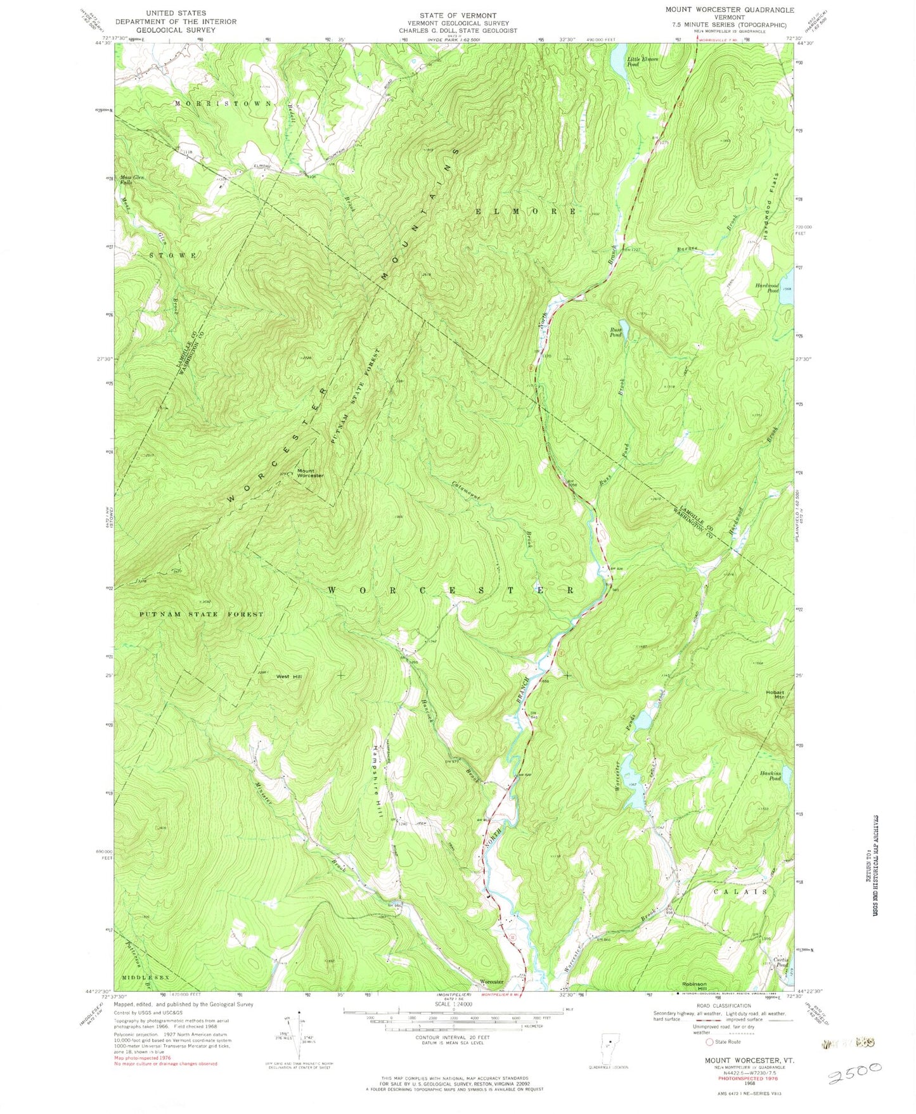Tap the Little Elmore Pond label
(642, 61)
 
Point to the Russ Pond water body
(623, 329)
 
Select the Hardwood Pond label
(766, 287)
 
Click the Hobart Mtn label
(775, 695)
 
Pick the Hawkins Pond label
(770, 776)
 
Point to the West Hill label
(288, 677)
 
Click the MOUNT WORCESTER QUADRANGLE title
(729, 10)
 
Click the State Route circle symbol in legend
(709, 1042)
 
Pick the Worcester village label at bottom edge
(491, 982)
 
